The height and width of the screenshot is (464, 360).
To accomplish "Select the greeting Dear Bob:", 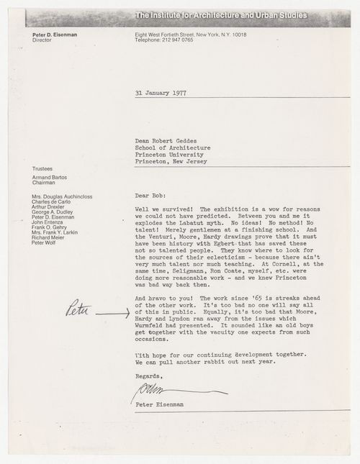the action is tap(152, 194).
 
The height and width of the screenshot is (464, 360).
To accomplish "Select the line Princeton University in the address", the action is tap(170, 154).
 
